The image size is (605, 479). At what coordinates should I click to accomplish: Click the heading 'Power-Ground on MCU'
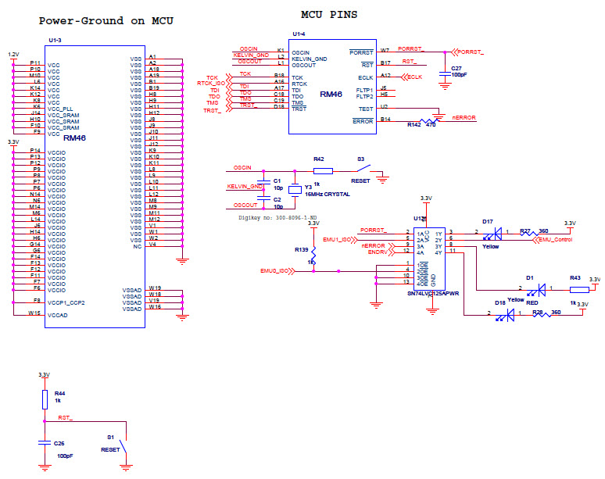106,21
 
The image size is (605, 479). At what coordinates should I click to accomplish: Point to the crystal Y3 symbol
294,190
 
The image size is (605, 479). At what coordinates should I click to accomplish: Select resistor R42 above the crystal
322,170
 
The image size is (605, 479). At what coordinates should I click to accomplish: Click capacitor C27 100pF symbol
445,70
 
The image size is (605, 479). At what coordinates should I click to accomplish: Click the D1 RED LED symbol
532,288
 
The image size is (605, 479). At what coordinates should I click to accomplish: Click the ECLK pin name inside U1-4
365,77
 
